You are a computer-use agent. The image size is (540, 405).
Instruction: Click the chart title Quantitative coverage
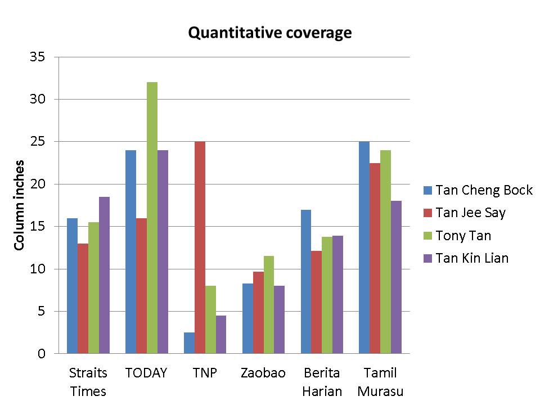click(x=269, y=33)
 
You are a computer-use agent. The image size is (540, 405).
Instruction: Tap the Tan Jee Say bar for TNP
click(x=200, y=247)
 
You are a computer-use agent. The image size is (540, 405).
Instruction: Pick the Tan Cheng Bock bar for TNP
click(x=189, y=343)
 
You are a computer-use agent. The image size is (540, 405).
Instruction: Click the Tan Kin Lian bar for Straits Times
click(x=104, y=275)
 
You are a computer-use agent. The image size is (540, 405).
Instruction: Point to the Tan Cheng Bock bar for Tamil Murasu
click(x=364, y=247)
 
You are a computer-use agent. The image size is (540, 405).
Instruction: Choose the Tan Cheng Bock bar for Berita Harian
click(x=306, y=281)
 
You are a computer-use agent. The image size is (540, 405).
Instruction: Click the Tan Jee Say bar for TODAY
click(x=141, y=286)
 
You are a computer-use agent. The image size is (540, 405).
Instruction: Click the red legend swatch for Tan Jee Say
click(x=427, y=213)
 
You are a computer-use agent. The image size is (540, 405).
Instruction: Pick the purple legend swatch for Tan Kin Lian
click(x=427, y=259)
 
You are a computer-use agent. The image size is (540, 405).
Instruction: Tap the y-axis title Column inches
click(x=19, y=205)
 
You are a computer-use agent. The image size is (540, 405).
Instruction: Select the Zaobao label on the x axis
click(x=263, y=373)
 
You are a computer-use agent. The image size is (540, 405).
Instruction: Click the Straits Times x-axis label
click(x=88, y=382)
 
